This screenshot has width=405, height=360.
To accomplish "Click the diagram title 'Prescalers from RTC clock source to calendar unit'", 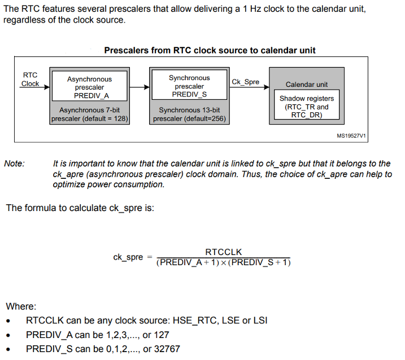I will pyautogui.click(x=210, y=50).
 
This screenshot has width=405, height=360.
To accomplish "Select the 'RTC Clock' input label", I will pyautogui.click(x=30, y=79).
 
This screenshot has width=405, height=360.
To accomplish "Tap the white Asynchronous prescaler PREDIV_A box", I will pyautogui.click(x=89, y=87).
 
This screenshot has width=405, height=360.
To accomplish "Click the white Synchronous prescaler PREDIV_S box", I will pyautogui.click(x=189, y=86).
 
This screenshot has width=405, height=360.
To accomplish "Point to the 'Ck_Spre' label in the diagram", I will pyautogui.click(x=245, y=82).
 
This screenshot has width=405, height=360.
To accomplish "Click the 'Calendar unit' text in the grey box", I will pyautogui.click(x=306, y=85).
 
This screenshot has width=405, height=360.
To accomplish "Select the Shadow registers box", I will pyautogui.click(x=307, y=106).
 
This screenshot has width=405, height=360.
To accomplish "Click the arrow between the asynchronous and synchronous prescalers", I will pyautogui.click(x=140, y=87).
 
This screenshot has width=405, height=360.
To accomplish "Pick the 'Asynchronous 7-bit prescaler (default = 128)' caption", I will pyautogui.click(x=89, y=115).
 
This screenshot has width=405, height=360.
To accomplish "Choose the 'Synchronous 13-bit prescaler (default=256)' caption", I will pyautogui.click(x=189, y=115).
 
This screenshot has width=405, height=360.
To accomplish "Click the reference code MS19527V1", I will pyautogui.click(x=351, y=136).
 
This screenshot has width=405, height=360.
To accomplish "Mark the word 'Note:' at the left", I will pyautogui.click(x=14, y=164).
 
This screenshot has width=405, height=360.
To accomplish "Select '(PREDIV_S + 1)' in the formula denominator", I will pyautogui.click(x=260, y=262).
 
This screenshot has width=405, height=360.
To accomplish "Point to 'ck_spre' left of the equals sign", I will pyautogui.click(x=128, y=257).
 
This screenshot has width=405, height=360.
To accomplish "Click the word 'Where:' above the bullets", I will pyautogui.click(x=21, y=306).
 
